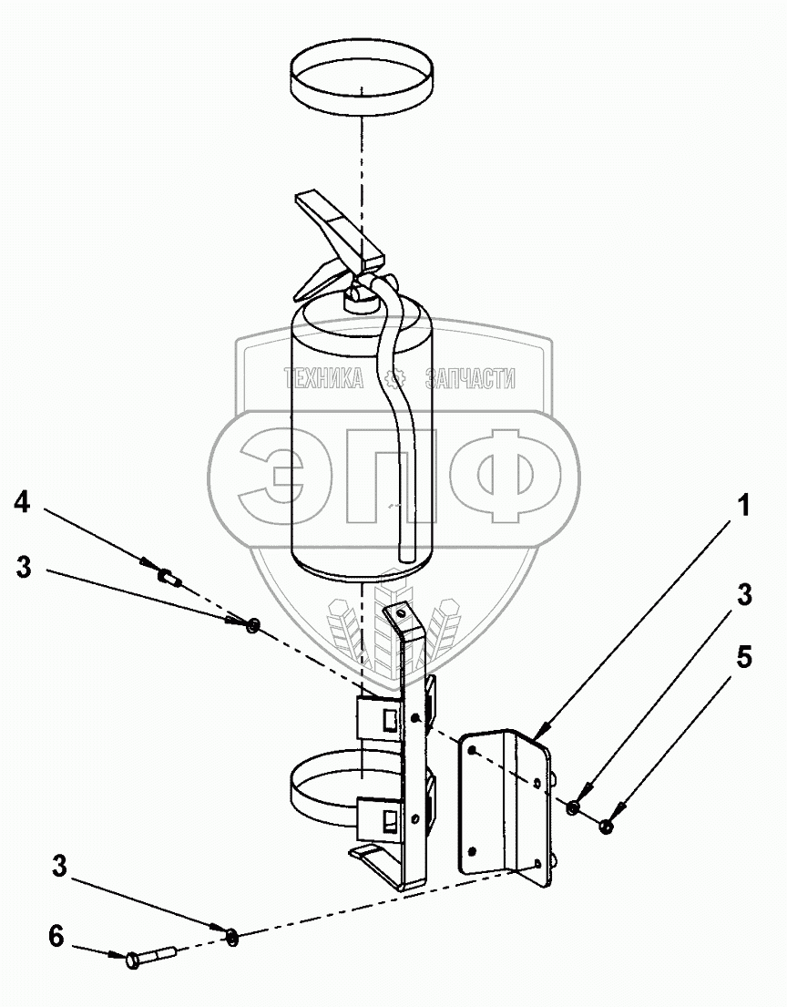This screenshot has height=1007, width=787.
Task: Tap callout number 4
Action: tap(23, 500)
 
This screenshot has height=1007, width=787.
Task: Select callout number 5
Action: tap(744, 657)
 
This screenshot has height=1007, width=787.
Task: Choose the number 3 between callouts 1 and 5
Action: tap(744, 595)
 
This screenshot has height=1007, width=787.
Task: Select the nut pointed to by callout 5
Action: tap(607, 826)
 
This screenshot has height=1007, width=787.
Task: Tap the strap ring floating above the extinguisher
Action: tap(362, 81)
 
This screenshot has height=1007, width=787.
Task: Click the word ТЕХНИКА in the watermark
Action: tap(323, 378)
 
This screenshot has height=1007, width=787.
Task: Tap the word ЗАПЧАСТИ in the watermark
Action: tap(471, 378)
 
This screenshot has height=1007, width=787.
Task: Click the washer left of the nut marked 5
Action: tap(573, 807)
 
